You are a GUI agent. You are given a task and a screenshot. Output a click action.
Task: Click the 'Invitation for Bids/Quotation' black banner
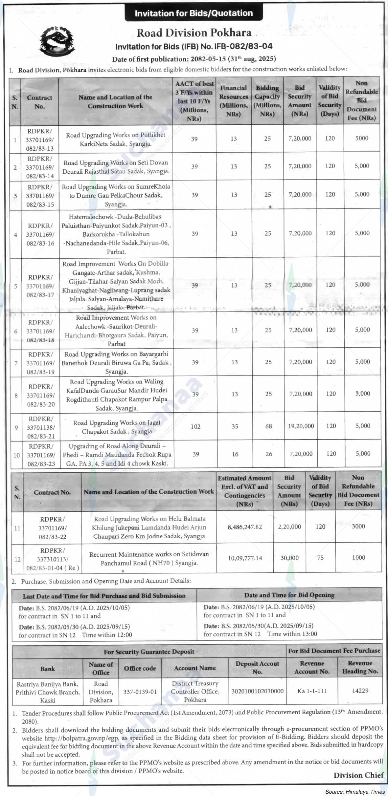pos(194,13)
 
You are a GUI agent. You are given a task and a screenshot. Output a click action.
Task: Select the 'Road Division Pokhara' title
pos(194,33)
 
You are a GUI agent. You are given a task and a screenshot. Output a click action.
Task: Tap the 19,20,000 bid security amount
pos(301,426)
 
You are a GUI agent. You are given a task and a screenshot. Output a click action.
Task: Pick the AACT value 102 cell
pos(195,426)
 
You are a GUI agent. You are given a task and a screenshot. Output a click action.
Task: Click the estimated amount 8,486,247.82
pos(245,527)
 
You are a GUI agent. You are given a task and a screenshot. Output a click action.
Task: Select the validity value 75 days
pos(320,558)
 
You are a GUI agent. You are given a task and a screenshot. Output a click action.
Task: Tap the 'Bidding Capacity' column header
pos(267,101)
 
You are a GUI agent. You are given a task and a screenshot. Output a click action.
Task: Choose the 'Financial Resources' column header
pos(234,101)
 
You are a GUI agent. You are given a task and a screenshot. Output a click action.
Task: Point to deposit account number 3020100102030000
pos(257,691)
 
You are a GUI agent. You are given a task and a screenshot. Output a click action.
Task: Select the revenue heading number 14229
pos(360,691)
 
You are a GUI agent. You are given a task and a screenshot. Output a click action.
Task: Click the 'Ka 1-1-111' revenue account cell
pos(312,691)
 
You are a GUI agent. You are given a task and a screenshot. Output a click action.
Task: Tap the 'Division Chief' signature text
pos(358,775)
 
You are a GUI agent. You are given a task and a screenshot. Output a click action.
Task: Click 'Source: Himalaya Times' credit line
pos(355,792)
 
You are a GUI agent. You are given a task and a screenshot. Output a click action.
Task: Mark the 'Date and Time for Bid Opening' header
pos(289,595)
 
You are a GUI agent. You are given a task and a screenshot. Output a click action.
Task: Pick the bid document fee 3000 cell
pos(358,526)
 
